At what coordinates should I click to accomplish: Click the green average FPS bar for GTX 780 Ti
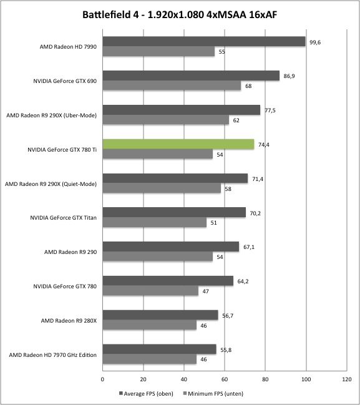pyautogui.click(x=178, y=144)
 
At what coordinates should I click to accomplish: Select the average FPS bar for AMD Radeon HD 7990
pyautogui.click(x=204, y=41)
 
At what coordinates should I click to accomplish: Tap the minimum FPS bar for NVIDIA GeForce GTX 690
pyautogui.click(x=172, y=85)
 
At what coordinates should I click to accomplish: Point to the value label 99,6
pyautogui.click(x=315, y=42)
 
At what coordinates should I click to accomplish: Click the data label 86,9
pyautogui.click(x=289, y=76)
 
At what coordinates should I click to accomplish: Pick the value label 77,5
pyautogui.click(x=270, y=110)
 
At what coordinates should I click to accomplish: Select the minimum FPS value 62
pyautogui.click(x=236, y=120)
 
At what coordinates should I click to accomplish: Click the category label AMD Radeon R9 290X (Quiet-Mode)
pyautogui.click(x=51, y=184)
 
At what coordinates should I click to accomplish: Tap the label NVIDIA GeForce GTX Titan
pyautogui.click(x=63, y=218)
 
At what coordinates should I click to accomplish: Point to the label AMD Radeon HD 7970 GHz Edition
pyautogui.click(x=52, y=355)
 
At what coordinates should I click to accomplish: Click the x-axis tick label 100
pyautogui.click(x=306, y=379)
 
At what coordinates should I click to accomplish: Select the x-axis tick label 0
pyautogui.click(x=102, y=379)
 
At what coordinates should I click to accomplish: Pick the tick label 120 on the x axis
pyautogui.click(x=347, y=379)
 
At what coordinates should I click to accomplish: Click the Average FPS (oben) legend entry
pyautogui.click(x=146, y=394)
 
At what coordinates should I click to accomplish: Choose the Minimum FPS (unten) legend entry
pyautogui.click(x=213, y=394)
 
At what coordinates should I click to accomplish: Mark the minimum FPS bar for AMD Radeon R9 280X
pyautogui.click(x=150, y=325)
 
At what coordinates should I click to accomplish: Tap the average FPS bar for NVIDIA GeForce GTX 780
pyautogui.click(x=168, y=281)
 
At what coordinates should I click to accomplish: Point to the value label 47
pyautogui.click(x=205, y=291)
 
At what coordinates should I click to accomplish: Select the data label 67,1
pyautogui.click(x=249, y=247)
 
